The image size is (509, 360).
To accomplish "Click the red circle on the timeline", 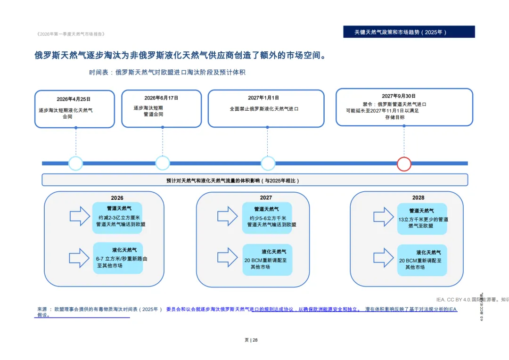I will point(404,164).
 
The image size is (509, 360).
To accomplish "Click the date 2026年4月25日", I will point(74,99).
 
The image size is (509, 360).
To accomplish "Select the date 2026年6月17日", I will point(161,98).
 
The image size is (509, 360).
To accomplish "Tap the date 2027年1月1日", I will point(263,98).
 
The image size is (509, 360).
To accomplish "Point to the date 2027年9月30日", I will point(399,96).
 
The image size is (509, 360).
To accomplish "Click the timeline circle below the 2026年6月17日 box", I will point(163,163).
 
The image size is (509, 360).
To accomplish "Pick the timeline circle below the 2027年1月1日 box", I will point(268,163).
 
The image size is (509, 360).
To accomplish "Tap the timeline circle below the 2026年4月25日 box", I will point(75,163).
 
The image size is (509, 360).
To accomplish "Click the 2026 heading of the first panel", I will point(117,198).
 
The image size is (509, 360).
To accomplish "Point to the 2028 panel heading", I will point(418,198).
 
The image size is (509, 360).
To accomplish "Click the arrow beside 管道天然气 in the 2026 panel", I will point(80,216).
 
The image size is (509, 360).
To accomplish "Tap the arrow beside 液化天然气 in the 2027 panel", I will point(227,257).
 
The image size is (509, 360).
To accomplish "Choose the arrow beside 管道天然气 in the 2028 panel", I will point(383,217).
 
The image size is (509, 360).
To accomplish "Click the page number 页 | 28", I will point(251,340).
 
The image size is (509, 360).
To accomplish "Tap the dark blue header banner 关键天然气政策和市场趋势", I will point(409,32).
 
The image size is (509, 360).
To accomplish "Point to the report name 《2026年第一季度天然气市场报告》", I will point(71,34).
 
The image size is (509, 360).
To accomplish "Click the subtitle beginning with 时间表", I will point(167,73).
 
